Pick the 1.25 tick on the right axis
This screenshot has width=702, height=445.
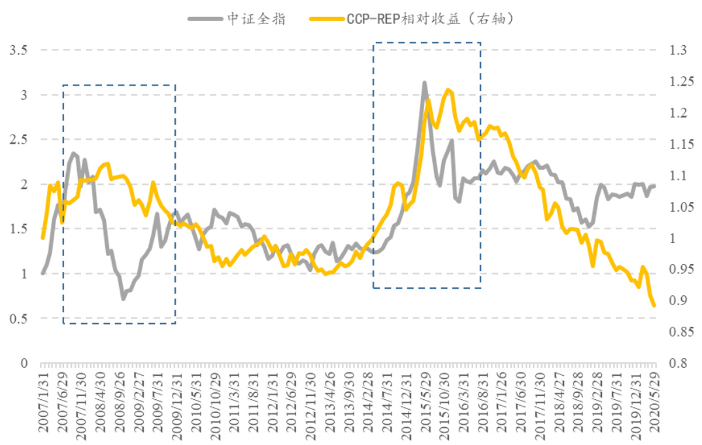tap(680, 82)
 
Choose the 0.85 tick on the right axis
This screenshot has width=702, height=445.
tap(680, 332)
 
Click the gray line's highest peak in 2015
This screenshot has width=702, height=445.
tap(424, 83)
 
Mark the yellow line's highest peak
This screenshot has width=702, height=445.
tap(448, 90)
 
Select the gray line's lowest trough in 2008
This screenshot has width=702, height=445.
tap(123, 299)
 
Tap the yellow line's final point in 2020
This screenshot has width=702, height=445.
tap(653, 305)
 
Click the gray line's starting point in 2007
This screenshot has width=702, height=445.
tap(42, 273)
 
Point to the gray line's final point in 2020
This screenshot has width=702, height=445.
tap(653, 186)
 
